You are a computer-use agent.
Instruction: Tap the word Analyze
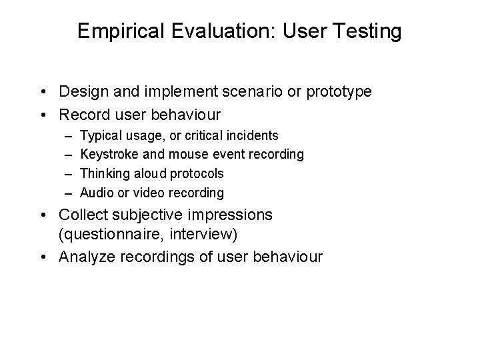point(85,257)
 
